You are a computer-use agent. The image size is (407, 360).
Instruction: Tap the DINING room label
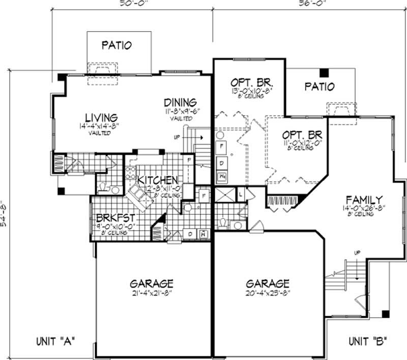pos(180,102)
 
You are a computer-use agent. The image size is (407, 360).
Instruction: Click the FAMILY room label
pos(365,199)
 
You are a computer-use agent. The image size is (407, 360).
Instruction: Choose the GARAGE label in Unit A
pos(152,283)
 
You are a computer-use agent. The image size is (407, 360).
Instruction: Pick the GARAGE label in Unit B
pos(268,283)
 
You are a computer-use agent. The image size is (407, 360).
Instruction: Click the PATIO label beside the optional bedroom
pos(320,87)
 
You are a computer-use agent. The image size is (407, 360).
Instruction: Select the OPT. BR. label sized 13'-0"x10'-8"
pos(253,82)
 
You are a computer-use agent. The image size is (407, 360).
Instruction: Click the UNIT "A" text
pos(56,341)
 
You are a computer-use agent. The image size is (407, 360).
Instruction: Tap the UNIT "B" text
pos(368,341)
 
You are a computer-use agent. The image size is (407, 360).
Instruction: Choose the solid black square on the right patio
pos(324,72)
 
